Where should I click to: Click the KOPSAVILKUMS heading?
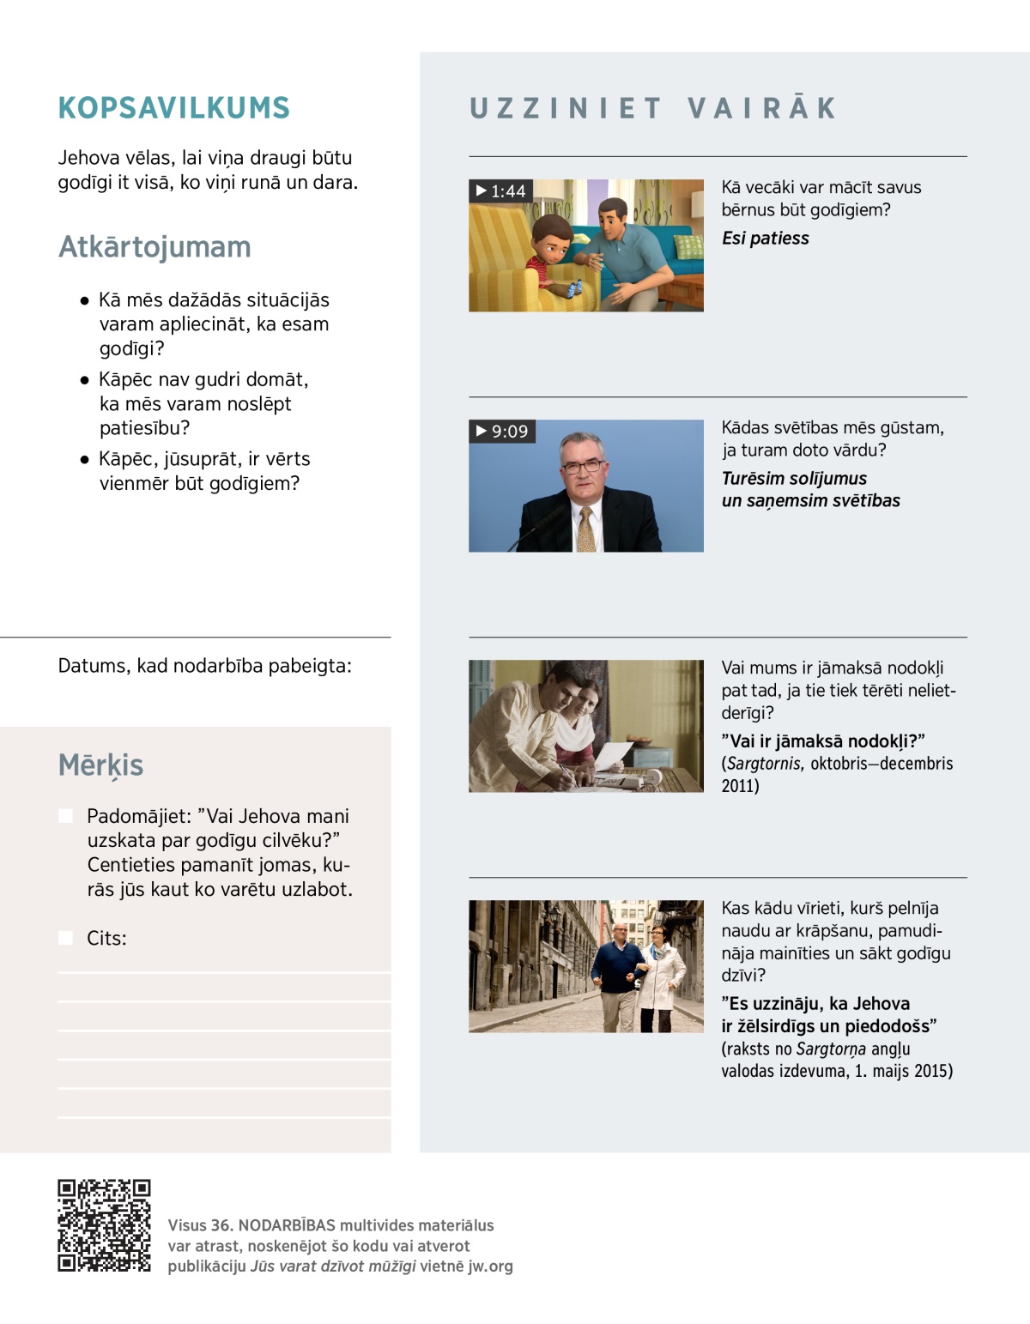[173, 108]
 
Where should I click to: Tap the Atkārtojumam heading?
[154, 247]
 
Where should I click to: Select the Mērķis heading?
[100, 765]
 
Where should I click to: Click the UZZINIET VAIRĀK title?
[653, 108]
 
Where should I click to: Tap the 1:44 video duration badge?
[501, 190]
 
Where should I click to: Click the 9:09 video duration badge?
[502, 431]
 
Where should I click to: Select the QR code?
[104, 1225]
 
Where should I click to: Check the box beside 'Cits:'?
[66, 938]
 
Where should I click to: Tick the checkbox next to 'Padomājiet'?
[66, 816]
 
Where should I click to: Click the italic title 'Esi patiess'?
[765, 239]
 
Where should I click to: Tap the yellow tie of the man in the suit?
[586, 529]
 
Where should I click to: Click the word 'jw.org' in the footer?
[490, 1267]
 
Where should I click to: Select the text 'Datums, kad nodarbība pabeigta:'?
[204, 666]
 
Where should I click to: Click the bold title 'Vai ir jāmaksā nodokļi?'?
[822, 741]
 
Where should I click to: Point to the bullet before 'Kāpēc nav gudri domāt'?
[84, 380]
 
